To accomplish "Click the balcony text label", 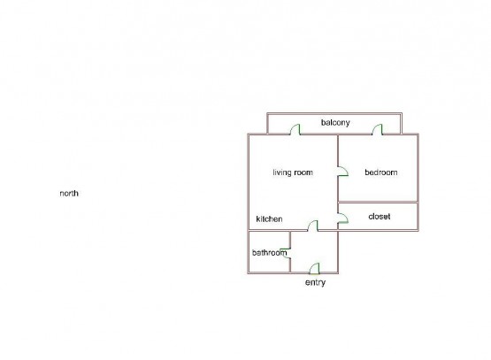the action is (x=335, y=123).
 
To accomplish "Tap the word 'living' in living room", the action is (x=282, y=172).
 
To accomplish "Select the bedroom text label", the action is (x=381, y=172).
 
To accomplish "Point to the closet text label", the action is (x=380, y=217).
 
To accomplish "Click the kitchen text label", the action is (x=269, y=218).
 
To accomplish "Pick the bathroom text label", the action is (x=270, y=253).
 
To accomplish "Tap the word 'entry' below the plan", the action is (x=315, y=283).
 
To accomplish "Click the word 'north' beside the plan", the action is (x=69, y=193).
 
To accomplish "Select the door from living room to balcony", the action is (x=295, y=129).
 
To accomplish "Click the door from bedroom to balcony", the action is (x=378, y=129).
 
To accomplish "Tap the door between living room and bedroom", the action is (x=343, y=171).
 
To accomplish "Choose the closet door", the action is (x=343, y=218).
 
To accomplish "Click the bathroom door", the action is (x=286, y=253).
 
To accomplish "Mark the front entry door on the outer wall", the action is (x=314, y=268).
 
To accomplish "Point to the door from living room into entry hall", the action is (x=312, y=226).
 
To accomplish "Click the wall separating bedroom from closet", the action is (x=379, y=203).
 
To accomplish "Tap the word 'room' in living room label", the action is (x=303, y=172).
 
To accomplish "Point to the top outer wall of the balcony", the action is (x=334, y=114).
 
